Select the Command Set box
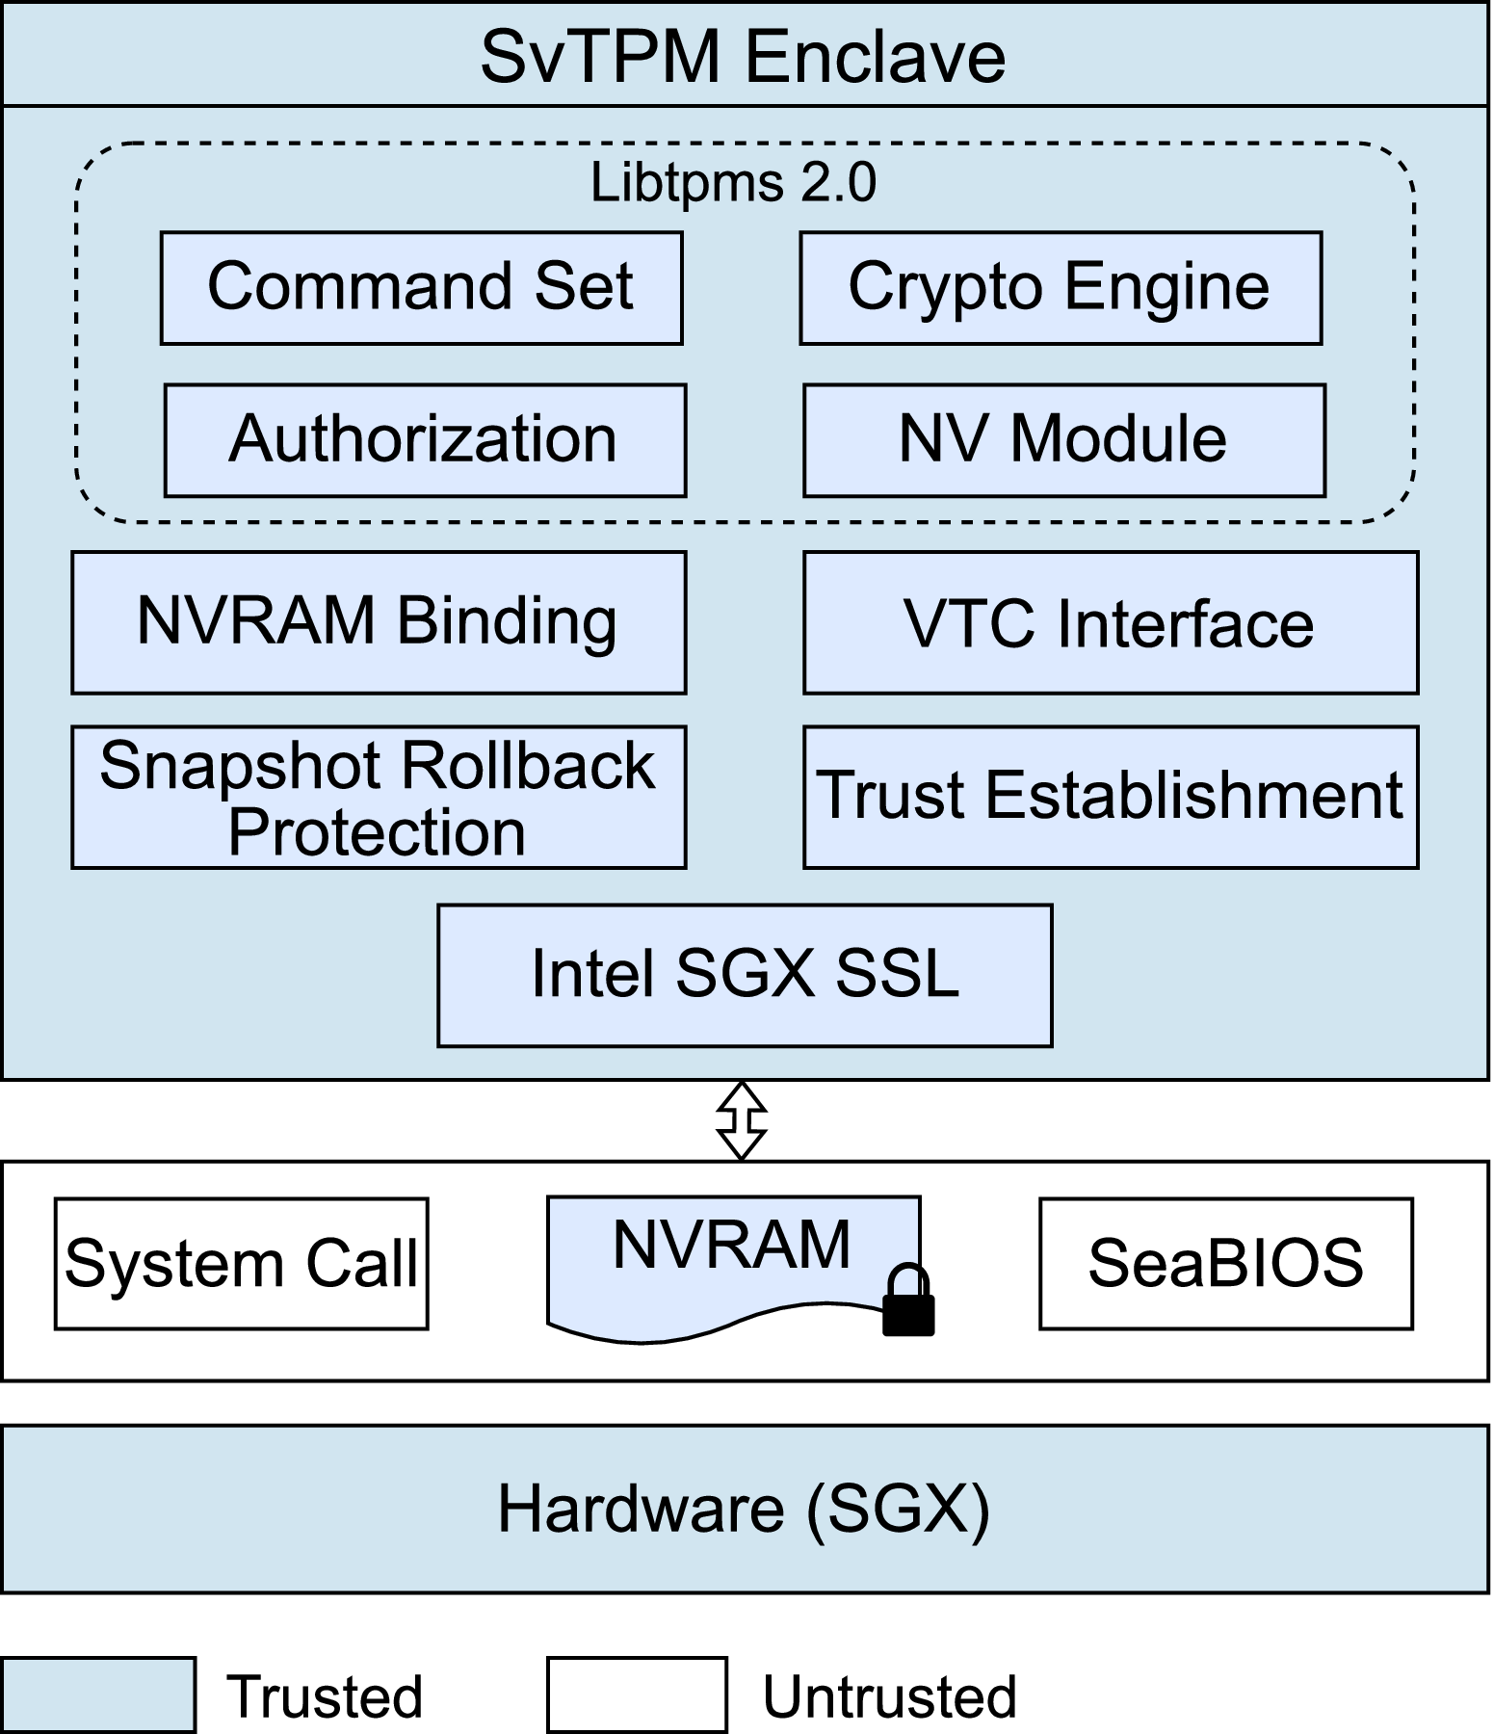tap(421, 287)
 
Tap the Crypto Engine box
tap(1060, 287)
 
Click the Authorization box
tap(424, 440)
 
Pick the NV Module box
tap(1063, 440)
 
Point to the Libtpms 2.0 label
tap(733, 182)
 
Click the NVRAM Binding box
tap(378, 621)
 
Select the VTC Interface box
tap(1110, 621)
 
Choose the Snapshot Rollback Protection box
tap(378, 797)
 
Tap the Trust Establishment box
tap(1110, 797)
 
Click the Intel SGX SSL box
tap(745, 974)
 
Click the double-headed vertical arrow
tap(742, 1120)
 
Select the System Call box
tap(241, 1263)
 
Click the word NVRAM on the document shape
tap(731, 1245)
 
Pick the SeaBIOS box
tap(1225, 1263)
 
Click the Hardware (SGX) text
tap(743, 1509)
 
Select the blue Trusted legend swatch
tap(97, 1695)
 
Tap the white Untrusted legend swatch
tap(637, 1695)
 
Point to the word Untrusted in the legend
tap(889, 1696)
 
